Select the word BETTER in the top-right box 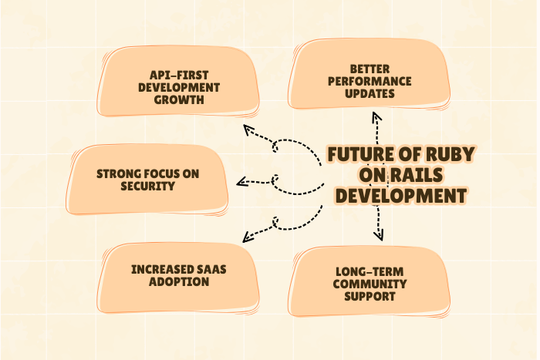(x=370, y=69)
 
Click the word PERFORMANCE (x=370, y=81)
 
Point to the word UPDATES (x=370, y=93)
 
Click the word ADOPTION (x=178, y=282)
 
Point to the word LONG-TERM (x=370, y=271)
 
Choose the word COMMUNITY (x=370, y=284)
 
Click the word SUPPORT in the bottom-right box (x=370, y=296)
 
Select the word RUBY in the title (x=447, y=154)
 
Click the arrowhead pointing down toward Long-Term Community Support (x=379, y=236)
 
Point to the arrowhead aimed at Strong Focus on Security (x=241, y=183)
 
